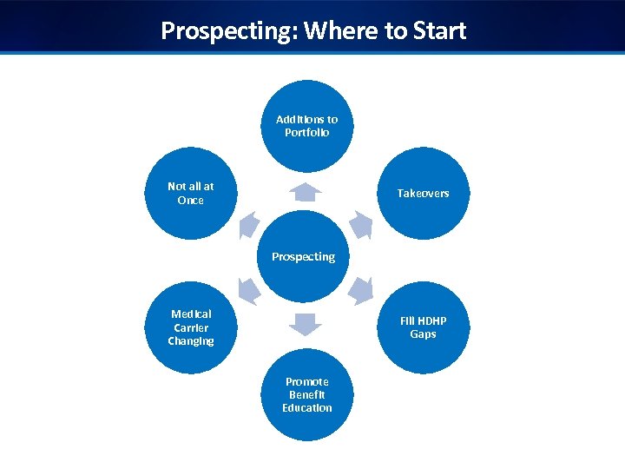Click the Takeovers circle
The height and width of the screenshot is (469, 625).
tap(424, 193)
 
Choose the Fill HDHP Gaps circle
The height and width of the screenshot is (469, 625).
tap(424, 327)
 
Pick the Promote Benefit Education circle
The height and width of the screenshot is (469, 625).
tap(307, 394)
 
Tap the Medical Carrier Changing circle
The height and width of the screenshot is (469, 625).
tap(191, 327)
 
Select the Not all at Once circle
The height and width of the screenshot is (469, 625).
tap(191, 193)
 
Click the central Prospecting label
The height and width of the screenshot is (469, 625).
tap(303, 257)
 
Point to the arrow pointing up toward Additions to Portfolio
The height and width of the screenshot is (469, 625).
tap(307, 192)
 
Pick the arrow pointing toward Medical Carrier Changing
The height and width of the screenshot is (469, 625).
tap(249, 290)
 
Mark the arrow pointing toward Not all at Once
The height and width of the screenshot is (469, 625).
tap(250, 225)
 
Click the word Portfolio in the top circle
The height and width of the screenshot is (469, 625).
tap(307, 133)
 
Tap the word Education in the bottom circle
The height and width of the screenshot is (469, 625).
tap(307, 407)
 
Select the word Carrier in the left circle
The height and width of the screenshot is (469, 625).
tap(191, 327)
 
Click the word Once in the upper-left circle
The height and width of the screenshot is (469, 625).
tap(191, 200)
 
